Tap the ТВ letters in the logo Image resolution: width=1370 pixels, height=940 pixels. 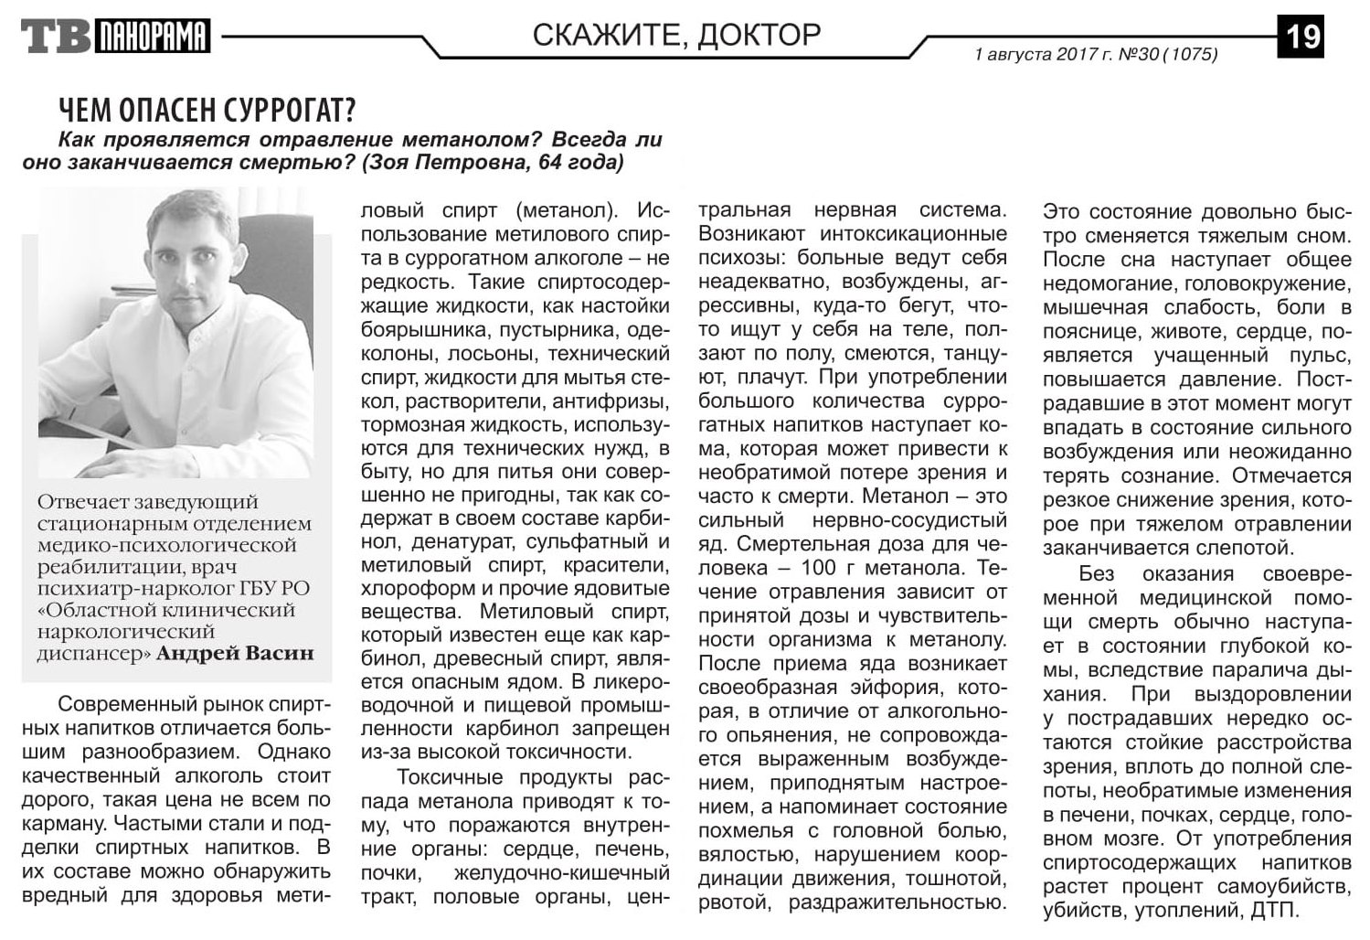point(55,37)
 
